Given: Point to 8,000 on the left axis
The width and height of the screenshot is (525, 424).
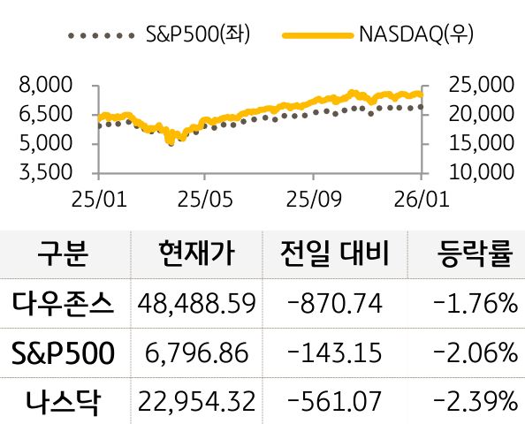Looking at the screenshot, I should (43, 86).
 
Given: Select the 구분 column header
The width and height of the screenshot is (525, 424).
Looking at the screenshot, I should (65, 254).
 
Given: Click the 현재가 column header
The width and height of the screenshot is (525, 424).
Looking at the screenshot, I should (195, 254).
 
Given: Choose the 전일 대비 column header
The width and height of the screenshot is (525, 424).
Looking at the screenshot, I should (337, 254).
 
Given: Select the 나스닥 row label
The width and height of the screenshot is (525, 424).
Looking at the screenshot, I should (65, 402).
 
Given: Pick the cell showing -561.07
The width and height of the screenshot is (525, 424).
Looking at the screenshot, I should (336, 402).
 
